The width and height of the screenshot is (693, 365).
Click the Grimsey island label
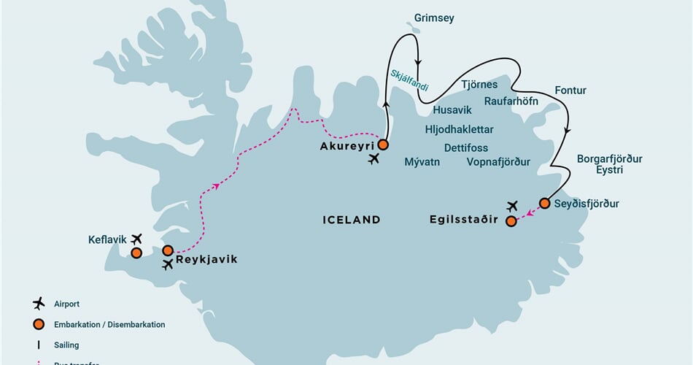click(x=433, y=18)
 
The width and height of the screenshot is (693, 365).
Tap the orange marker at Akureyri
click(x=383, y=145)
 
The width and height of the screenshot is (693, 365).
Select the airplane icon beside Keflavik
click(x=136, y=238)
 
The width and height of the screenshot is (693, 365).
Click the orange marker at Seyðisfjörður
click(x=544, y=203)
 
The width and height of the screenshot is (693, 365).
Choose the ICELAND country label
click(x=351, y=219)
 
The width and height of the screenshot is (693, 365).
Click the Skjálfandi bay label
click(x=409, y=80)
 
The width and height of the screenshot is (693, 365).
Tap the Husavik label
click(x=452, y=110)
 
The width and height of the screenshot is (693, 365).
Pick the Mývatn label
click(x=422, y=162)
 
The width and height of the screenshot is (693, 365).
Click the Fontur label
click(x=570, y=91)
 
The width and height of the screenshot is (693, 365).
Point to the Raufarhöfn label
click(x=511, y=101)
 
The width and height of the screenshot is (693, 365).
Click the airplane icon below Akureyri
click(x=374, y=158)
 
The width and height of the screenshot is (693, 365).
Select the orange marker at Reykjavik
click(x=168, y=250)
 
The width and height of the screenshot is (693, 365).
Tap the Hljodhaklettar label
click(x=459, y=129)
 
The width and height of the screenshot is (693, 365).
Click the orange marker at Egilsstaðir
click(x=511, y=221)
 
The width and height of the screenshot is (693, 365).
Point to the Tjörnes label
click(x=479, y=85)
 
